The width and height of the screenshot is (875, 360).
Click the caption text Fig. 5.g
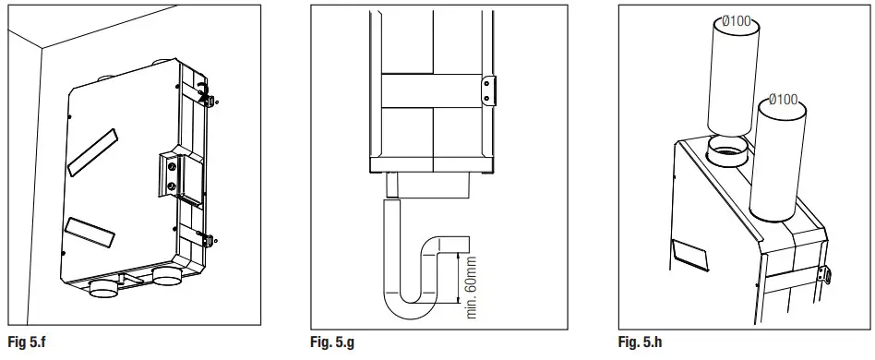(x=333, y=342)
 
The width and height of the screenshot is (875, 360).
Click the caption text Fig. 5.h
(x=640, y=342)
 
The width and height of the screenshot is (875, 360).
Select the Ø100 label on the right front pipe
(x=784, y=99)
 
